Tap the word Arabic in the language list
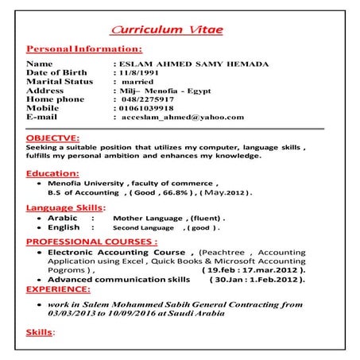[x=62, y=217]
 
